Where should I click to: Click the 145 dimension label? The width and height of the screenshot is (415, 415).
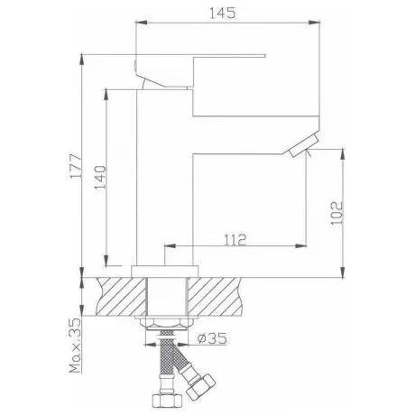(222, 13)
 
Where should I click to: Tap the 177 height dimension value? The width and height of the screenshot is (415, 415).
(76, 167)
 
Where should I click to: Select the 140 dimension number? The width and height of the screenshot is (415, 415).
(100, 178)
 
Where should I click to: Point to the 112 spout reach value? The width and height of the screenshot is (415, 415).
(235, 240)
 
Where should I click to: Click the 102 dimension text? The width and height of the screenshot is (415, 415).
(337, 213)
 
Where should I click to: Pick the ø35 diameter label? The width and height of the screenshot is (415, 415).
(212, 338)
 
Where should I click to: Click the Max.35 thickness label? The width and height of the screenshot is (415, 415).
(76, 346)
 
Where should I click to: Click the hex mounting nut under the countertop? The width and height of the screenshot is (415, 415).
(167, 322)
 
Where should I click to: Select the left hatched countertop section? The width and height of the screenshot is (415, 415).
(121, 297)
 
